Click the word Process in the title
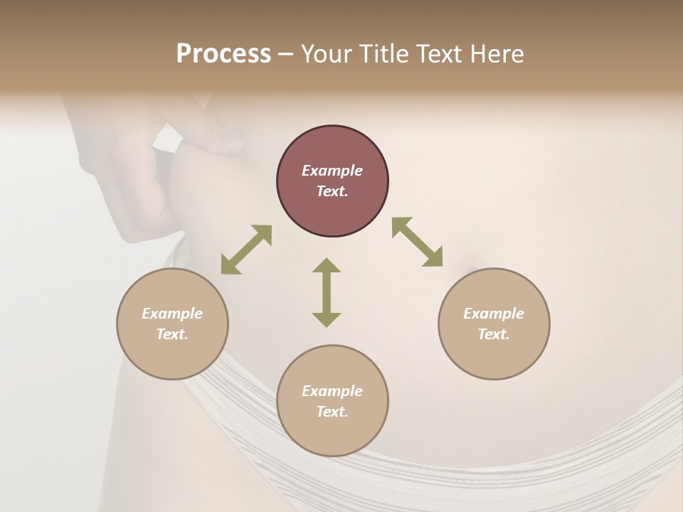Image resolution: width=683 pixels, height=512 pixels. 223,54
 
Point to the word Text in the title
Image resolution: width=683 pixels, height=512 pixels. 440,54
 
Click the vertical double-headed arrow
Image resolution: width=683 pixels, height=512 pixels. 327,292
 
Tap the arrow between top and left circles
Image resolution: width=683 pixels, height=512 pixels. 246,250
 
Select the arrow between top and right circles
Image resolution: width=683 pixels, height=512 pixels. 418,242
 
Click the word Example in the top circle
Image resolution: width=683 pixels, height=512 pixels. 332,171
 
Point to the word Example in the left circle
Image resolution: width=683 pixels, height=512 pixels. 172,314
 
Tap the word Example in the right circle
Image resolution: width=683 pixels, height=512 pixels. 494,314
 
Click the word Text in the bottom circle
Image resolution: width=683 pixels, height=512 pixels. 332,412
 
